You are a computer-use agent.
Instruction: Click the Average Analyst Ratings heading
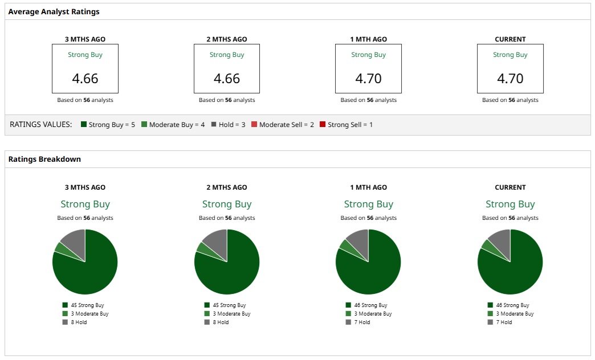pos(54,11)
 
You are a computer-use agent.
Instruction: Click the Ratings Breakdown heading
pos(44,159)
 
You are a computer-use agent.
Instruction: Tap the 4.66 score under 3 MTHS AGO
pos(85,78)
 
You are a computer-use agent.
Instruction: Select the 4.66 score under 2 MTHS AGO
pos(227,78)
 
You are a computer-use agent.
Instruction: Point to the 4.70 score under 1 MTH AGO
pos(368,78)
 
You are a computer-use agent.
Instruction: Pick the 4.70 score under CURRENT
pos(510,78)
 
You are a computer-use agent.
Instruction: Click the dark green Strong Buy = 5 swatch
pos(84,124)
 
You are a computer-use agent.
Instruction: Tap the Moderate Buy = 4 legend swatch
pos(144,124)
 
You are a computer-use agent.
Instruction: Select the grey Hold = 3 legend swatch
pos(214,124)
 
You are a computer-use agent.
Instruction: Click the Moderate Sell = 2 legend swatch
pos(254,124)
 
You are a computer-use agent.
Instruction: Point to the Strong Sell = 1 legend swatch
pos(323,124)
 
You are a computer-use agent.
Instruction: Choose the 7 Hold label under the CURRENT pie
pos(504,322)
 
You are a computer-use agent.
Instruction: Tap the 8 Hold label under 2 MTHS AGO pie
pos(221,322)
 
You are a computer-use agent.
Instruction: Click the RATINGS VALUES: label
pos(41,124)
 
